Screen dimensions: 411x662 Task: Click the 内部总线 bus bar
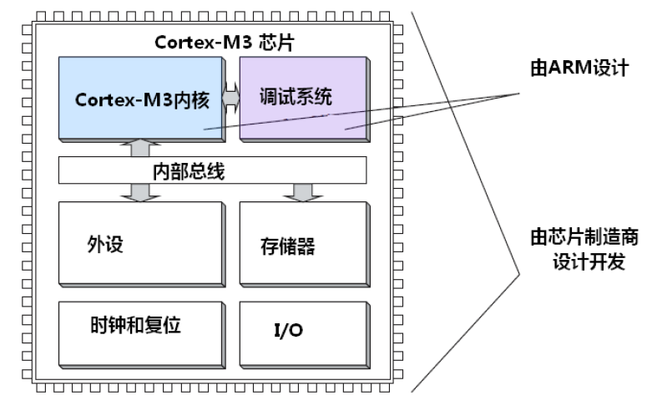tap(213, 172)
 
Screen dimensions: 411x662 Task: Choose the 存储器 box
tap(302, 244)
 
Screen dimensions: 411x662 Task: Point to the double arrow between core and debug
tap(231, 99)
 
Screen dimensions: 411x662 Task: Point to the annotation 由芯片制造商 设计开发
tap(584, 249)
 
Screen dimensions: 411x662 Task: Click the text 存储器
tap(288, 246)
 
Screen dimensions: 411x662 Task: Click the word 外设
tap(105, 245)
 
